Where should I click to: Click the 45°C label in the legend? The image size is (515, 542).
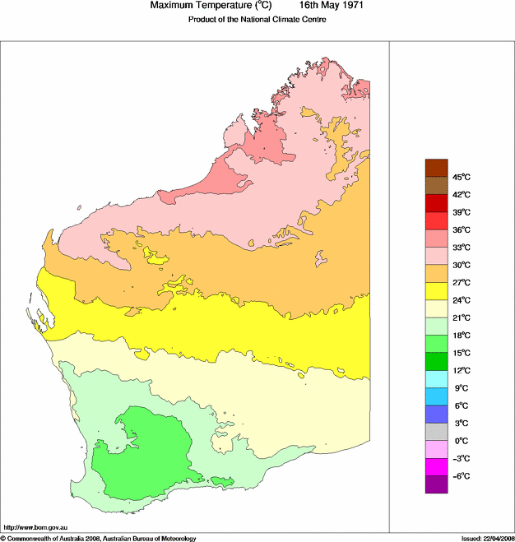(461, 177)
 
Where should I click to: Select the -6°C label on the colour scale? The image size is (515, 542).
(461, 476)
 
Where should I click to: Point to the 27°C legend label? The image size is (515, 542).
(461, 283)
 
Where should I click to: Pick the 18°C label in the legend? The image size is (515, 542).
(461, 336)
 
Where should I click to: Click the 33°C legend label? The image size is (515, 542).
(461, 248)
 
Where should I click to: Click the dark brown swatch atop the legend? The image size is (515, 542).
(436, 168)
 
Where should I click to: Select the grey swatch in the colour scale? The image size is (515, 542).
(436, 432)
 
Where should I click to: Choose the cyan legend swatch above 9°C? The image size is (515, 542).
(436, 379)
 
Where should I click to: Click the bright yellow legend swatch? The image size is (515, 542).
(436, 291)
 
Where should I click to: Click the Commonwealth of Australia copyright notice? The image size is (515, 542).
(98, 538)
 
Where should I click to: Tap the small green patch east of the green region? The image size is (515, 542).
(222, 480)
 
